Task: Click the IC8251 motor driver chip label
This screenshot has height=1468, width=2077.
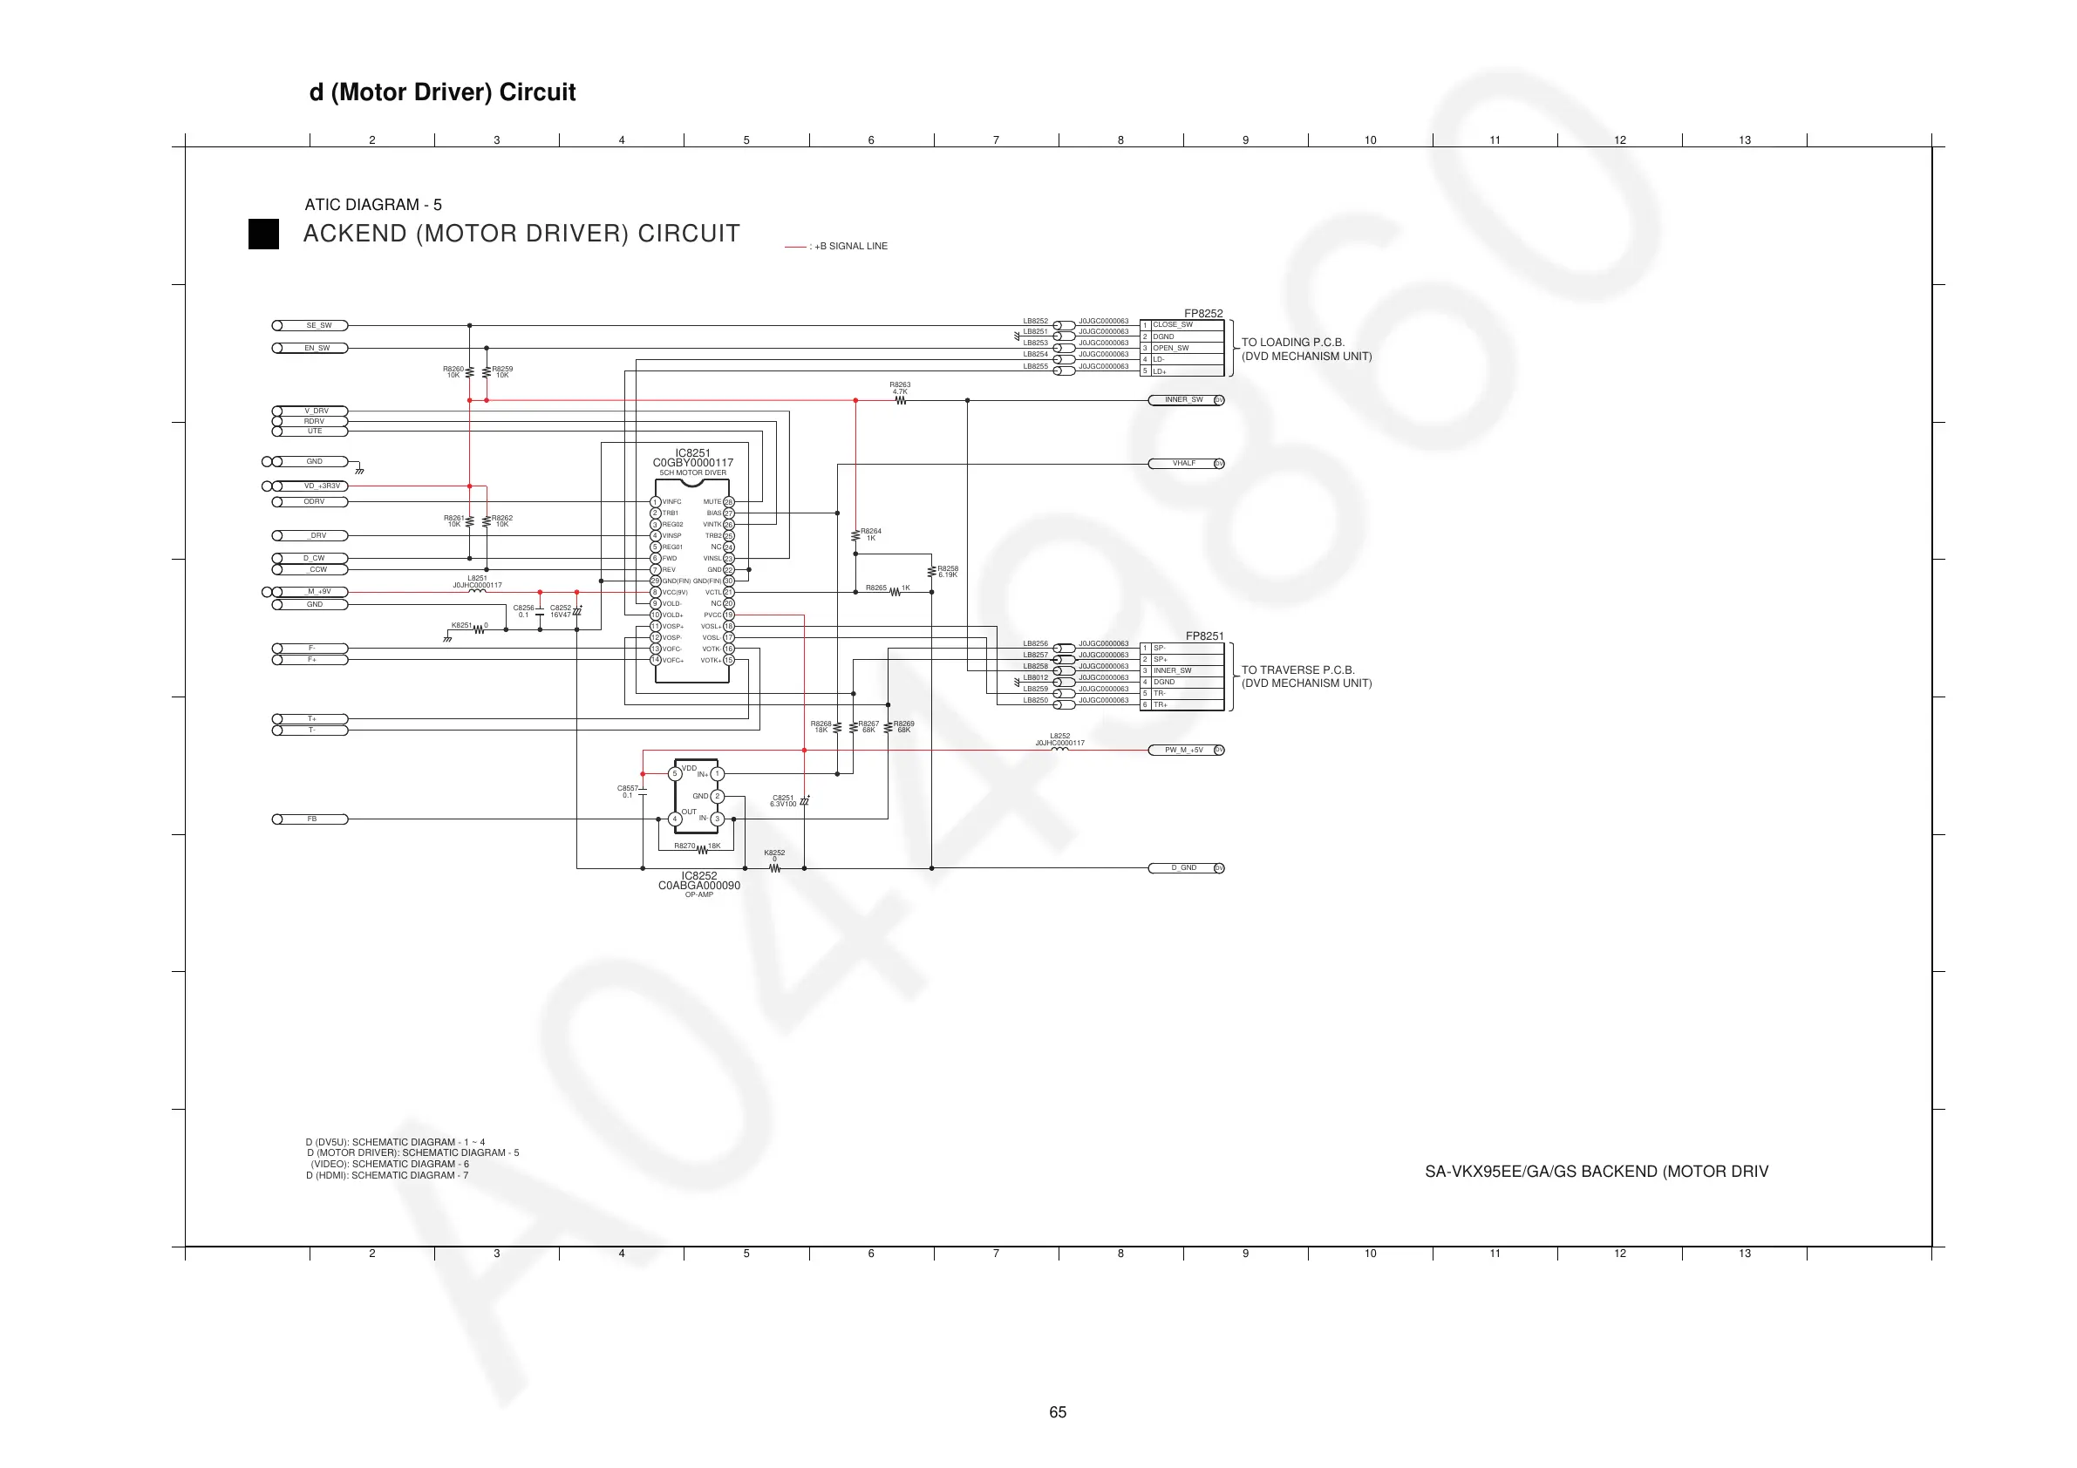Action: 692,453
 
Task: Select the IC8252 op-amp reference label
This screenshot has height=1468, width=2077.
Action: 698,875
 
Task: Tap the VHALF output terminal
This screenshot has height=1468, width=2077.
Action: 1185,464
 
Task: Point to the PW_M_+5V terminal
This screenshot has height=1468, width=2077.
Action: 1185,750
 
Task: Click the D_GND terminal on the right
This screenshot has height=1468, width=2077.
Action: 1185,868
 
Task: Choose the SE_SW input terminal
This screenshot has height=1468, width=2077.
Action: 310,326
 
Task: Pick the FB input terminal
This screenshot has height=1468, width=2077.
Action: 310,819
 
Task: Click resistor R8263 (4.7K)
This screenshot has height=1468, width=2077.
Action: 900,400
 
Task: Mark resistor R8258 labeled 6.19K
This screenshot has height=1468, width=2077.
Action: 932,572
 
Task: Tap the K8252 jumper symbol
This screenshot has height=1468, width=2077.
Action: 774,868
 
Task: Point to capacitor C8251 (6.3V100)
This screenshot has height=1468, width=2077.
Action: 804,801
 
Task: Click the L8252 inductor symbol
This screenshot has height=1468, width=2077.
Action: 1059,749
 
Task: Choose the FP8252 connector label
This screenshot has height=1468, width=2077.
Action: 1203,314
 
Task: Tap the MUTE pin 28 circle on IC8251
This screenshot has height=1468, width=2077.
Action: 729,502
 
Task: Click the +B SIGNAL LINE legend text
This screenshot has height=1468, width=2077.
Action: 850,246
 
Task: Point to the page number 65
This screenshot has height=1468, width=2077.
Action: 1058,1412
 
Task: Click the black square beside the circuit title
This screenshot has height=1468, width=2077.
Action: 263,234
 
